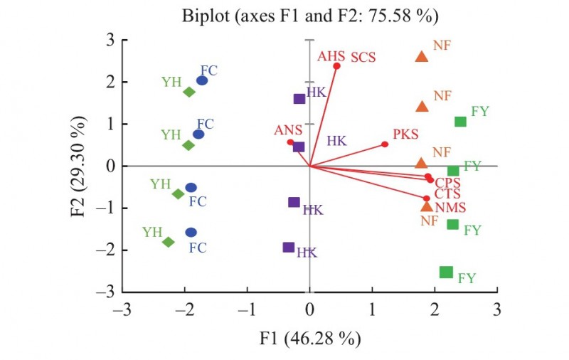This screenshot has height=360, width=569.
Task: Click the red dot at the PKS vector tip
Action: [x=385, y=144]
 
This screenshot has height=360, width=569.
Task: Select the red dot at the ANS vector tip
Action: [x=290, y=142]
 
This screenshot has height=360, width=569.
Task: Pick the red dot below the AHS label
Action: [x=336, y=66]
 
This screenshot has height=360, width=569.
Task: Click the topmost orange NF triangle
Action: [x=421, y=57]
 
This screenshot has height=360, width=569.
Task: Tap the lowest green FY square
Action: [x=446, y=272]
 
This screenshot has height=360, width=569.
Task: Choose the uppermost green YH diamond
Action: [x=189, y=92]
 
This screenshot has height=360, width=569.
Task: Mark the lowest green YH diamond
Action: [x=169, y=242]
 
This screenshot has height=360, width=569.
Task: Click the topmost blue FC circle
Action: [x=202, y=80]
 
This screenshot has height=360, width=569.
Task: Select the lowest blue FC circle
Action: [x=191, y=232]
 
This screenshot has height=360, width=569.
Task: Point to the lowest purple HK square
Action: [x=288, y=248]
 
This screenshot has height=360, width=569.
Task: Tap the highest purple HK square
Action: [x=299, y=99]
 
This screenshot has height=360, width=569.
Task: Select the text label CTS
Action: [x=447, y=194]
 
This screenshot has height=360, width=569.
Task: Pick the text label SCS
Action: [x=362, y=57]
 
